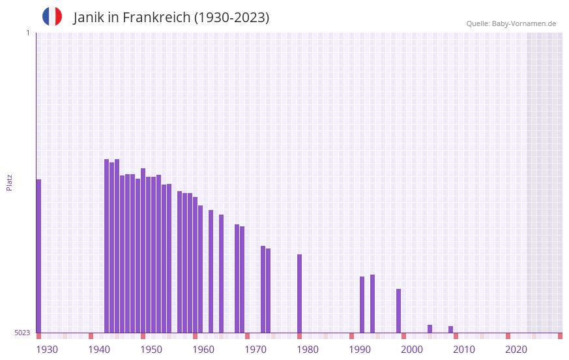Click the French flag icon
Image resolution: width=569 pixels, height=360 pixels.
pyautogui.click(x=52, y=16)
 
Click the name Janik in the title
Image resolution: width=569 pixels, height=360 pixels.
pyautogui.click(x=88, y=18)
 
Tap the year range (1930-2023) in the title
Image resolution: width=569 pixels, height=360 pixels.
pyautogui.click(x=231, y=18)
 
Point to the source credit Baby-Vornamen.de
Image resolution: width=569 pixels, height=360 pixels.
pyautogui.click(x=523, y=23)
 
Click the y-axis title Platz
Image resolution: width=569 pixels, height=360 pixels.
pyautogui.click(x=9, y=182)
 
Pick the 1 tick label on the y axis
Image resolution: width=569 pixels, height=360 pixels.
pyautogui.click(x=27, y=33)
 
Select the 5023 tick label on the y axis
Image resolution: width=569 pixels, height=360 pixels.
pyautogui.click(x=22, y=333)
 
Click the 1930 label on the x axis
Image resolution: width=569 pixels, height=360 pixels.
pyautogui.click(x=47, y=350)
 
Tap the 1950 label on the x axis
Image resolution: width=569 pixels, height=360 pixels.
pyautogui.click(x=151, y=350)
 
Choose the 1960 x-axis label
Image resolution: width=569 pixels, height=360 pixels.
pyautogui.click(x=203, y=350)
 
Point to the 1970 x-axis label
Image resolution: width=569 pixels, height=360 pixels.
pyautogui.click(x=255, y=350)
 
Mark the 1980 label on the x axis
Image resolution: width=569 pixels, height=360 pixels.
pyautogui.click(x=308, y=350)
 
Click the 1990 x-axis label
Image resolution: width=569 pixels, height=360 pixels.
pyautogui.click(x=360, y=350)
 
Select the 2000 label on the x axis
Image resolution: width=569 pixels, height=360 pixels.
pyautogui.click(x=412, y=350)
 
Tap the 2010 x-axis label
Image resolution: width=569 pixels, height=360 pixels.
pyautogui.click(x=464, y=350)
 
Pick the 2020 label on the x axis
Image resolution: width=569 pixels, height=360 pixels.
pyautogui.click(x=516, y=350)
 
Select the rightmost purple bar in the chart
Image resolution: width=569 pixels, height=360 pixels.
pyautogui.click(x=450, y=329)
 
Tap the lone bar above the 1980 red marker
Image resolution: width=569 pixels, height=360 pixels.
pyautogui.click(x=299, y=293)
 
